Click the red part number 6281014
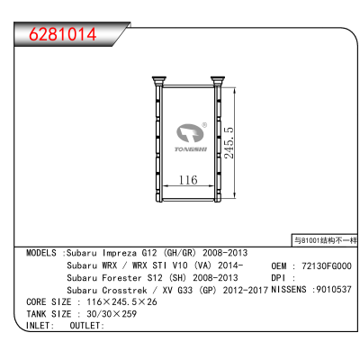(x=63, y=34)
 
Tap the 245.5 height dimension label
(x=229, y=143)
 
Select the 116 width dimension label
(x=188, y=180)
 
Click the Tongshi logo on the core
(x=191, y=138)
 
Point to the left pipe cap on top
(x=158, y=81)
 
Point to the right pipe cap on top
(x=217, y=81)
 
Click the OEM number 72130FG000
(x=327, y=265)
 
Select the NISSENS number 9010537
(x=334, y=290)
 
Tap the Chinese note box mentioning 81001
(x=325, y=240)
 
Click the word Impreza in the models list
(x=120, y=253)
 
